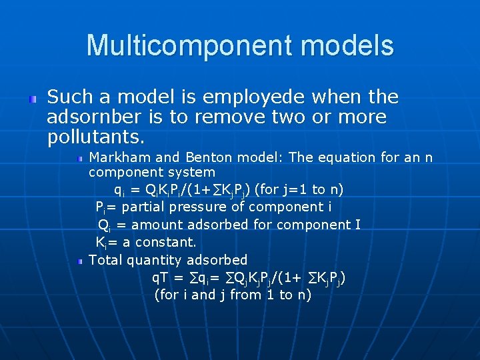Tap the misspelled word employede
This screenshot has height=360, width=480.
click(258, 97)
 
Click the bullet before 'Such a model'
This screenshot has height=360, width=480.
click(32, 99)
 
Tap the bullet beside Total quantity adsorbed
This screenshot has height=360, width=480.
click(79, 261)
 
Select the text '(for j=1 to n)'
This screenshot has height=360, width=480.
click(299, 190)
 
